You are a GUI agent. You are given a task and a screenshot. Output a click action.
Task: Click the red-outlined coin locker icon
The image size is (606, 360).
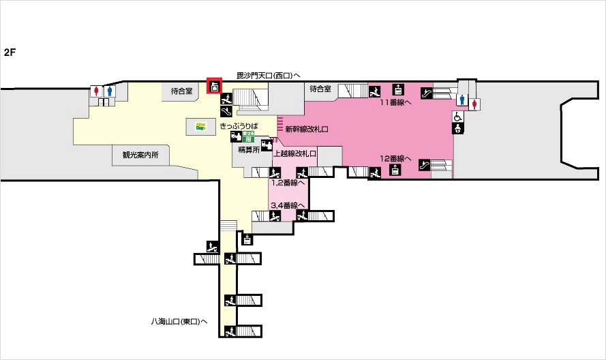tap(215, 87)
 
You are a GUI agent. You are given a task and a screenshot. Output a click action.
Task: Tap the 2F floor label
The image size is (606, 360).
tap(10, 52)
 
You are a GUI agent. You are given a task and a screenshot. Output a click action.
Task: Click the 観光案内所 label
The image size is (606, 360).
tap(140, 155)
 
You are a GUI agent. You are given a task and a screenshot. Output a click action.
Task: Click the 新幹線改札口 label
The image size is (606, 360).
tap(307, 128)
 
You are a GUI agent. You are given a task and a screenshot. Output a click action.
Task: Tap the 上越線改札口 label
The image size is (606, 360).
tap(295, 153)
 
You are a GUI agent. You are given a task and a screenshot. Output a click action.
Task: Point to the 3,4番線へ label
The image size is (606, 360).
tap(287, 205)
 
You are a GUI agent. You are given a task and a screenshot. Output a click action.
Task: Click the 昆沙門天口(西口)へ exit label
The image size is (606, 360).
tap(269, 75)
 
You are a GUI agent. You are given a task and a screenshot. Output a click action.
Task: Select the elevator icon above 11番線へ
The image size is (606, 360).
tap(398, 89)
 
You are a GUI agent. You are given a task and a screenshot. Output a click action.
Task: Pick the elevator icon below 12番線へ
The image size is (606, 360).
tap(395, 170)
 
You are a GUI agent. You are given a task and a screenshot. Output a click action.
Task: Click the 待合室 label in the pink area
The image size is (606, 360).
tap(320, 89)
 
